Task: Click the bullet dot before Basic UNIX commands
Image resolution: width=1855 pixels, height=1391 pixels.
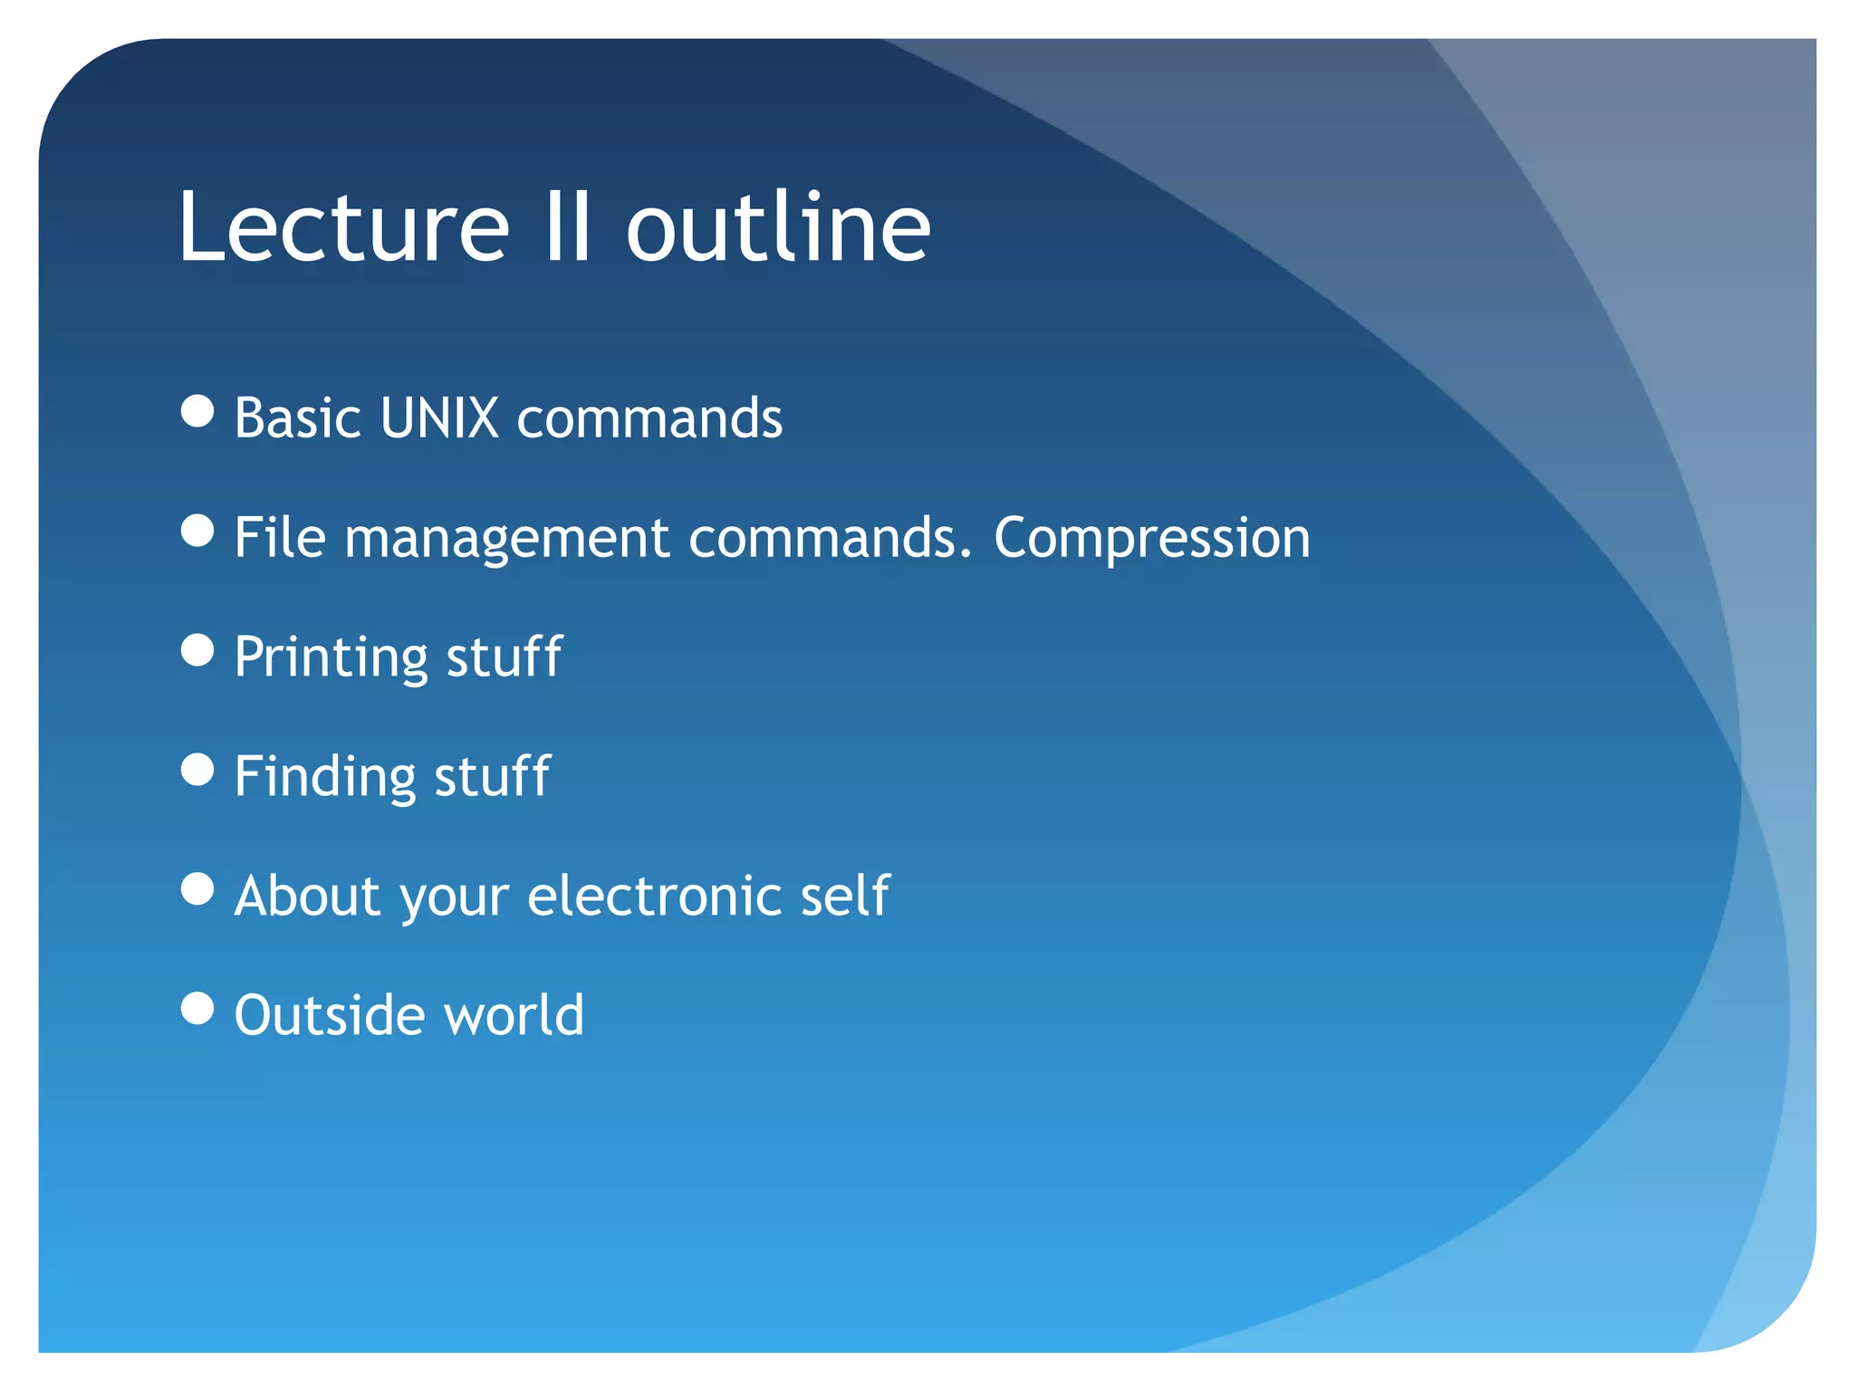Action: coord(197,410)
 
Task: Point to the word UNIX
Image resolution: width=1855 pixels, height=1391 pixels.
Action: coord(439,418)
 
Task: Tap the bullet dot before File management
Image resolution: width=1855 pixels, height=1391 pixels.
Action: coord(197,531)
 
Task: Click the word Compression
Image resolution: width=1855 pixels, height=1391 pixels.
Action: coord(1151,539)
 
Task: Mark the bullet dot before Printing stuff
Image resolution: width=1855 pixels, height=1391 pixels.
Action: coord(197,650)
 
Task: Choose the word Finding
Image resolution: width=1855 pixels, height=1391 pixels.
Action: coord(325,778)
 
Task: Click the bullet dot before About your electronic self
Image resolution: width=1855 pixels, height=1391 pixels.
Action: coord(197,888)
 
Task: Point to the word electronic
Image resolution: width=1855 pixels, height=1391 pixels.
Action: coord(655,897)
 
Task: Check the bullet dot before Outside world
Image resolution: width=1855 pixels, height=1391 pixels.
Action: coord(197,1008)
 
